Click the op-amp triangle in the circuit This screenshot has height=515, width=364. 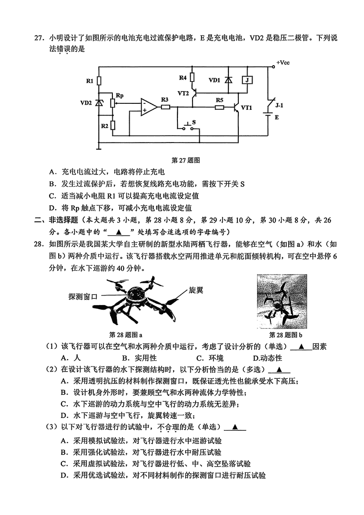click(148, 107)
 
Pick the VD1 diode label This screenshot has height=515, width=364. click(214, 80)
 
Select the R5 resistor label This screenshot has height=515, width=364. click(220, 100)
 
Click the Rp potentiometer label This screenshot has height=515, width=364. click(119, 96)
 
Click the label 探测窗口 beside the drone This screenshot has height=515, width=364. click(83, 296)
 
